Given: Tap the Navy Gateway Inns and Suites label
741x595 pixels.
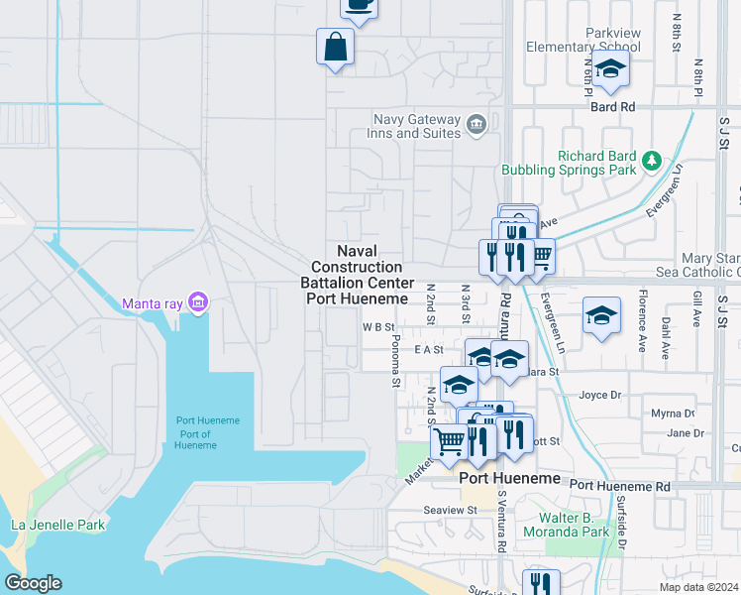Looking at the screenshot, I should pos(417,126).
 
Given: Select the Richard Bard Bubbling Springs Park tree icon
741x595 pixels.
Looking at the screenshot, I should pos(651,160).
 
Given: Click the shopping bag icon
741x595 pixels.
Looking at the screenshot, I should pos(336,47).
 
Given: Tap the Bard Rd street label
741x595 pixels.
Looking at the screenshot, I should pos(612,107).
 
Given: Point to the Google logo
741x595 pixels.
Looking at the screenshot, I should pos(33,583).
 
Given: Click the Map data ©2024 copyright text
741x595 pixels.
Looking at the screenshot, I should pos(698,587).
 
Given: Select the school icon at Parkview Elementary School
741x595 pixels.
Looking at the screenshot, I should pos(610,69).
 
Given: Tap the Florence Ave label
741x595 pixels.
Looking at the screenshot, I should pos(642,309).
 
